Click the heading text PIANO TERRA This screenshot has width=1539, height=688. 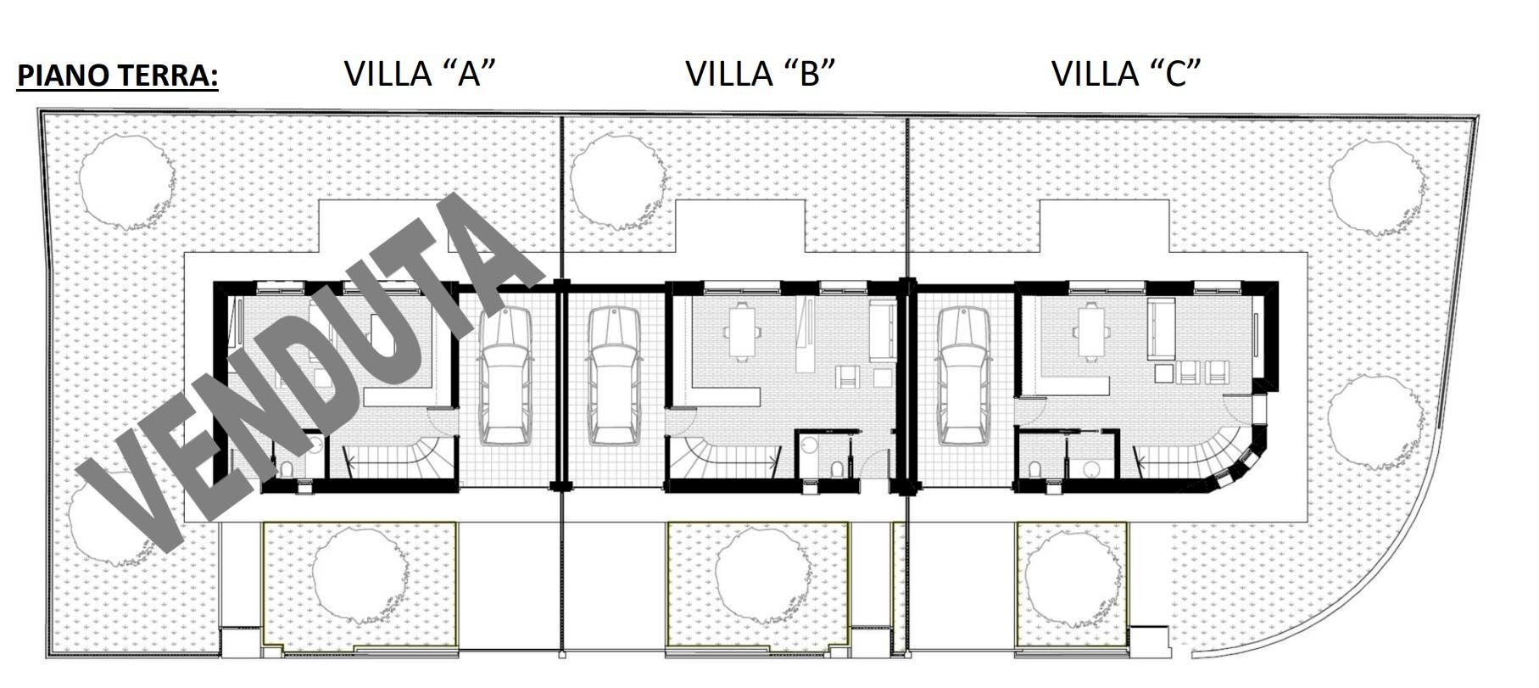coord(118,76)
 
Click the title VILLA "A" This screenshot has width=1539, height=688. coord(419,74)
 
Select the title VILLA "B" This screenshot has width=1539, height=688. coord(760,74)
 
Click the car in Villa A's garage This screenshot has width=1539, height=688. coord(505,375)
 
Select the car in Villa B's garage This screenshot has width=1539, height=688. coord(615,375)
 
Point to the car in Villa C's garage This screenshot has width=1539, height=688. coord(964,375)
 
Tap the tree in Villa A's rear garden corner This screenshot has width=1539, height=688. coord(126,180)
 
